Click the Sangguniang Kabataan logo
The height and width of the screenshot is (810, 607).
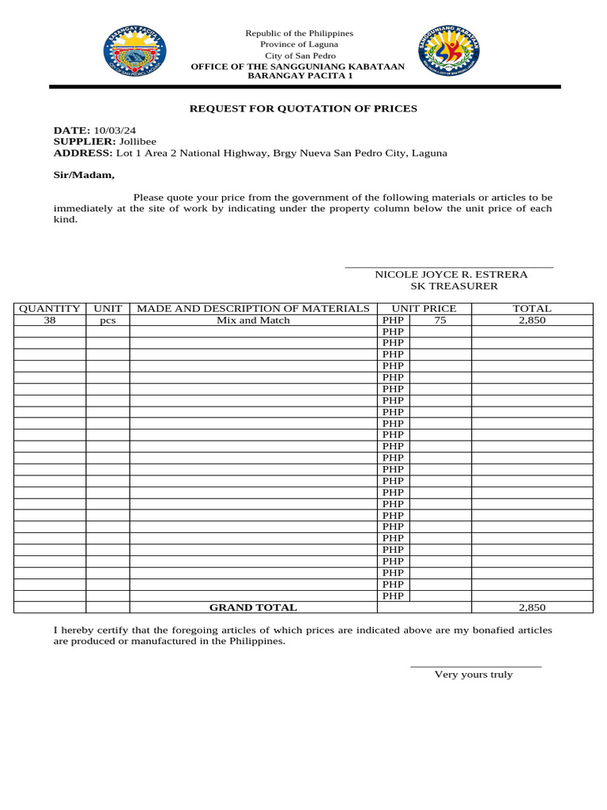pos(448,55)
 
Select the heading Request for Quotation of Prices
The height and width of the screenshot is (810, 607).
pos(303,108)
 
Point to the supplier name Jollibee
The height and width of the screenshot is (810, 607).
pos(138,142)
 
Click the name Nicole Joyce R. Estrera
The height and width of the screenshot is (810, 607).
pos(451,274)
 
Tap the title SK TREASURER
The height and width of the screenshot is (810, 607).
pos(454,286)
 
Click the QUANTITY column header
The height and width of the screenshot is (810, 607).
pos(50,308)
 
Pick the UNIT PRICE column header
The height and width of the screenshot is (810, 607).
pos(424,308)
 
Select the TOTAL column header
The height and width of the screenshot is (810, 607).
pos(532,308)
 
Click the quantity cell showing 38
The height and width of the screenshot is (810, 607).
pos(50,320)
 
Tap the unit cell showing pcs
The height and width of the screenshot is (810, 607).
pos(107,320)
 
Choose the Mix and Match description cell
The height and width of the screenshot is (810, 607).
pos(253,320)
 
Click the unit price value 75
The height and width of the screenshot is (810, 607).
pos(440,320)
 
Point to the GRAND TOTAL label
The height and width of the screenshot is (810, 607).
pos(253,607)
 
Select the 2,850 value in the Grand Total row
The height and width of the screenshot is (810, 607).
pos(532,607)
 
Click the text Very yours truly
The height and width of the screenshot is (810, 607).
pos(473,675)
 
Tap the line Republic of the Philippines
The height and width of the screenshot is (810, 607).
pos(299,33)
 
